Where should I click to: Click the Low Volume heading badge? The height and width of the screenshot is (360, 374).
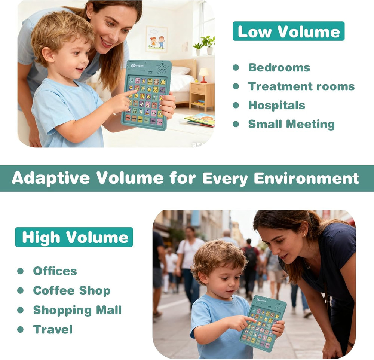288,31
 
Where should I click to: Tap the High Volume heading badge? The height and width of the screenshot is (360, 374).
74,237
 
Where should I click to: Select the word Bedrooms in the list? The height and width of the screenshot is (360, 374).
279,68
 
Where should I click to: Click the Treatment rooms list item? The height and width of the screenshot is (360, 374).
301,86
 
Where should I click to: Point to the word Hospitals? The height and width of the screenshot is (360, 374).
276,106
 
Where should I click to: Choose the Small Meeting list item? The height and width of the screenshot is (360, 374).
291,124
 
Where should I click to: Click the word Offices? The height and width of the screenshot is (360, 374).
55,271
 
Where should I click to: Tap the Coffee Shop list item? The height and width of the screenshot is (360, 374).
71,290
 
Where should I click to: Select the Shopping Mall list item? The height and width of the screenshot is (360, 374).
77,310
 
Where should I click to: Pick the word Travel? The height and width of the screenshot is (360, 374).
53,330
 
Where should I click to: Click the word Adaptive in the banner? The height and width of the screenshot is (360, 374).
50,178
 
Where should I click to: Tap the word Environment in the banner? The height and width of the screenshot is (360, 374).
306,178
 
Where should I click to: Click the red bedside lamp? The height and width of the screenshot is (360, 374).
203,74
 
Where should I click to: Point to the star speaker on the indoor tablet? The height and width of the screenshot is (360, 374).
162,68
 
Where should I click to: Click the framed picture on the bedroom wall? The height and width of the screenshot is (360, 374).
157,39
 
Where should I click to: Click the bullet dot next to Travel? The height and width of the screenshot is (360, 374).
20,330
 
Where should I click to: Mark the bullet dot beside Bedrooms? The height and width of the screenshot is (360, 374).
236,68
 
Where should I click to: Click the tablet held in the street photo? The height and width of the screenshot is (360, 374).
263,323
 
